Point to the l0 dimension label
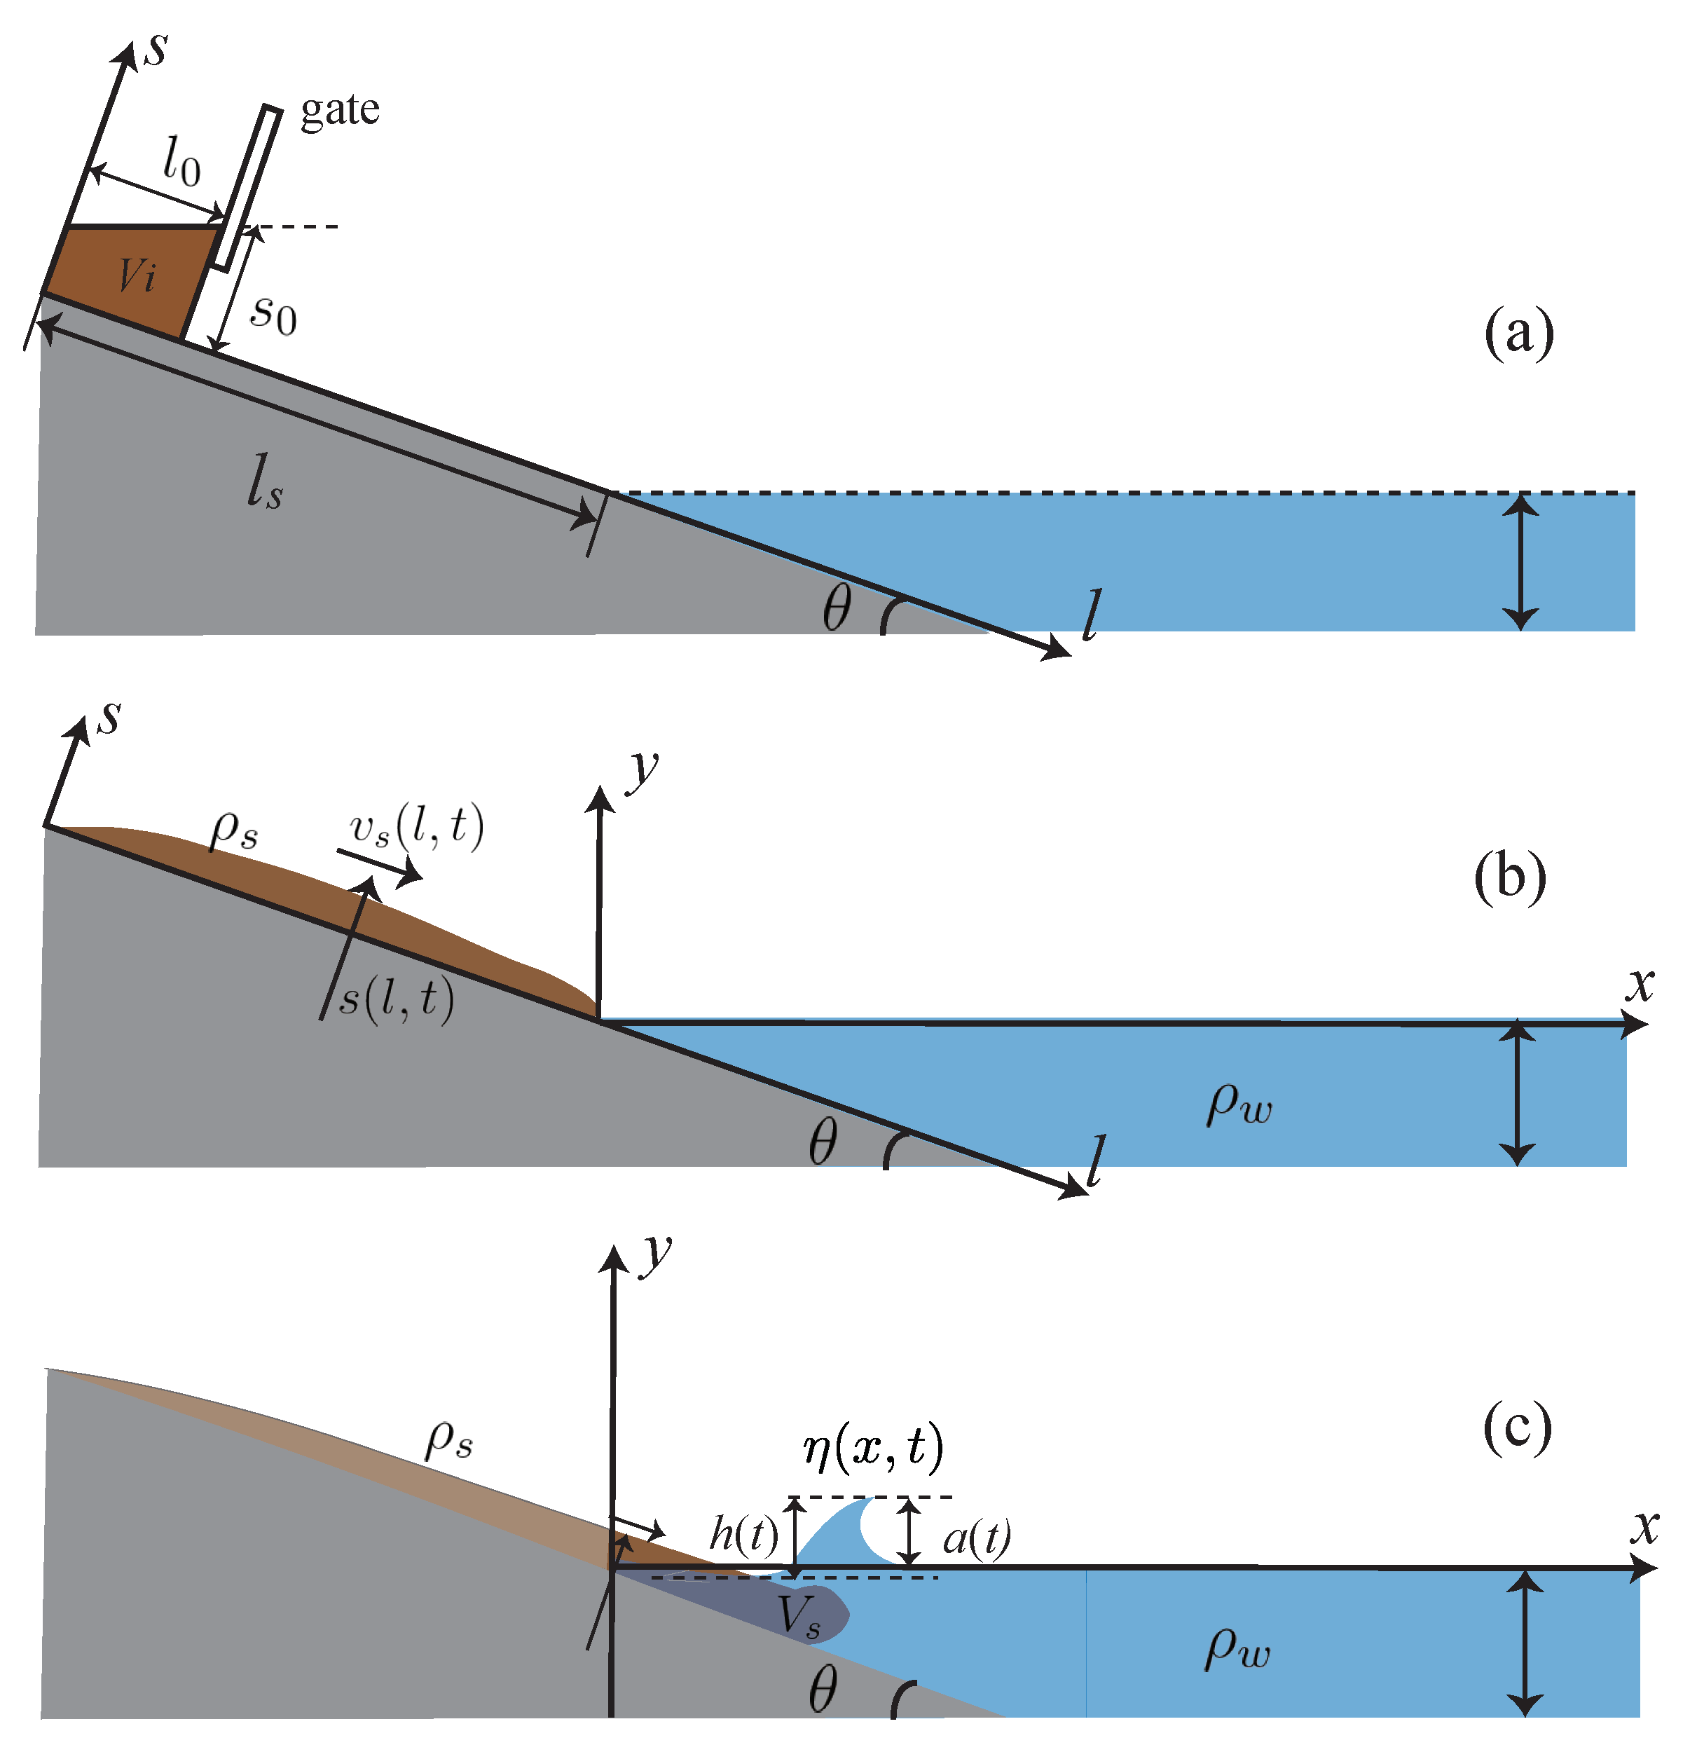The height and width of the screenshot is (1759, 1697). pyautogui.click(x=181, y=162)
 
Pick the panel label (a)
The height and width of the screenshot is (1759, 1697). pyautogui.click(x=1518, y=333)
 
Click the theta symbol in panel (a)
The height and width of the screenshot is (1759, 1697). pyautogui.click(x=837, y=608)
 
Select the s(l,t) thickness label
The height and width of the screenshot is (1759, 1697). pyautogui.click(x=397, y=998)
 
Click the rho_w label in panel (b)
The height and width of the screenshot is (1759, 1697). pyautogui.click(x=1239, y=1104)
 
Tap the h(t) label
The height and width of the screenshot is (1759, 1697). pyautogui.click(x=743, y=1535)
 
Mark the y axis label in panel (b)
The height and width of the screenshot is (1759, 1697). pyautogui.click(x=643, y=768)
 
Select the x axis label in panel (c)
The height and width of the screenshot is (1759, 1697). pyautogui.click(x=1644, y=1528)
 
